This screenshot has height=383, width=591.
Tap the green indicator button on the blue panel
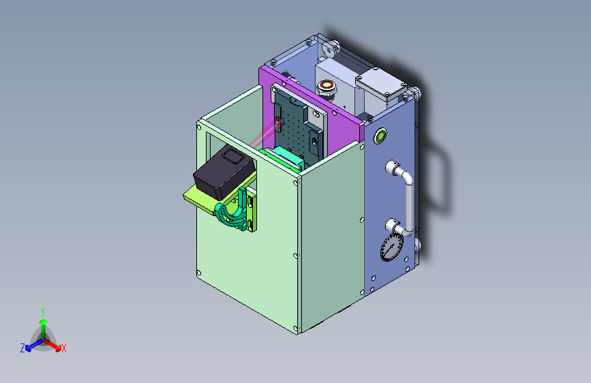point(380,136)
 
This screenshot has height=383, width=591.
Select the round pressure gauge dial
point(391,247)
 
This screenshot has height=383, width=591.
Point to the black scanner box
point(224,172)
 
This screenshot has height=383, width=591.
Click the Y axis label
point(43,312)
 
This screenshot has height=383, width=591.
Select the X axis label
point(63,349)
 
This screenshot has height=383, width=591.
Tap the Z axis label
point(22,348)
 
